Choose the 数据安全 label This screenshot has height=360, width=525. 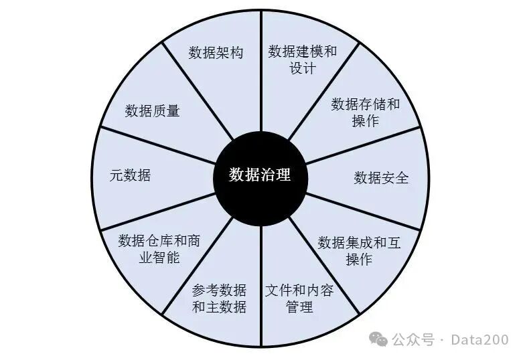pos(381,177)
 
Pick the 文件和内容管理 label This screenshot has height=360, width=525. pos(299,299)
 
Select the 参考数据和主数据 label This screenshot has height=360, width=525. pos(219,299)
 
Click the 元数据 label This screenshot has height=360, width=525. pos(130,176)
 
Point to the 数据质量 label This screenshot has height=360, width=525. pos(153,111)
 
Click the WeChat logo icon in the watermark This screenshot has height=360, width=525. pos(380,339)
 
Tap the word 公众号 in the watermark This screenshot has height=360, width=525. pos(412,339)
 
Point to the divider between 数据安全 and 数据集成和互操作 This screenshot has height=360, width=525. pos(365,211)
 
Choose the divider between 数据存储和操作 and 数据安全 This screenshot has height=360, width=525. pos(365,143)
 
